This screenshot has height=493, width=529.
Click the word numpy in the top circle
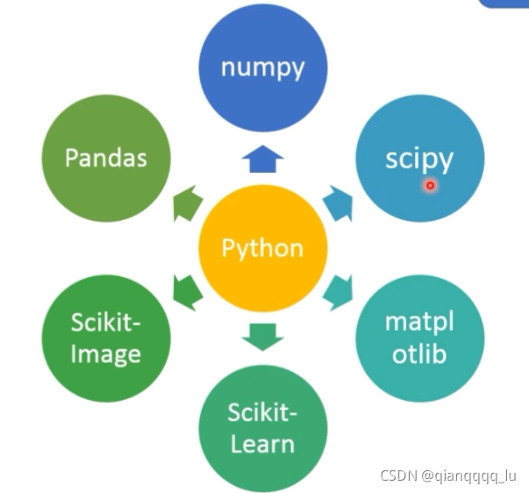tap(262, 68)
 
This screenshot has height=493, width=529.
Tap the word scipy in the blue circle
tap(419, 160)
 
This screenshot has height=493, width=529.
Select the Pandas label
tap(106, 158)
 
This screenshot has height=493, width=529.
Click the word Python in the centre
tap(262, 248)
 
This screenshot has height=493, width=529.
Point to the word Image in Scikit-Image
tap(106, 354)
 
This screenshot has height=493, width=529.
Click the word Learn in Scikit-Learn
tap(263, 443)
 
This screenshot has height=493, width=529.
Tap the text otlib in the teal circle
tap(419, 355)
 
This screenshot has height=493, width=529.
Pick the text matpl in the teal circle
tap(419, 322)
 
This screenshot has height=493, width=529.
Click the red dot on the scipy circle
tap(430, 185)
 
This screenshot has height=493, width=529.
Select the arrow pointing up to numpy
tap(262, 158)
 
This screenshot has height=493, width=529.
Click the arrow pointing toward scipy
tap(337, 201)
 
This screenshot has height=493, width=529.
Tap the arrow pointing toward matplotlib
tap(337, 292)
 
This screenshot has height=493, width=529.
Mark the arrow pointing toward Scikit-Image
tap(188, 292)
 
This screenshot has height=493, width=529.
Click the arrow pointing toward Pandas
tap(187, 201)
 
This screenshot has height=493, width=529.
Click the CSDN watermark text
tap(399, 475)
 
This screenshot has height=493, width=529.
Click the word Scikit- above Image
tap(106, 322)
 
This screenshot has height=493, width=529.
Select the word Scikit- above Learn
tap(263, 411)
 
